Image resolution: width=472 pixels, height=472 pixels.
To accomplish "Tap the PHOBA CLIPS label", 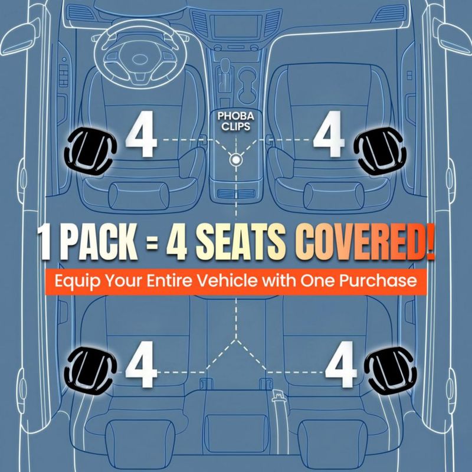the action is (235, 122).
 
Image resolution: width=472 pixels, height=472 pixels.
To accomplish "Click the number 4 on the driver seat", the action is (142, 134).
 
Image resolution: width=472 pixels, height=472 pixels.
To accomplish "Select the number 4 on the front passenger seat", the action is (329, 134).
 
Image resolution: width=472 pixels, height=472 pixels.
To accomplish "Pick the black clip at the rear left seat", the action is (90, 371).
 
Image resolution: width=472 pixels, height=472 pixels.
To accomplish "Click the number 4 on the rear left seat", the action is (142, 364).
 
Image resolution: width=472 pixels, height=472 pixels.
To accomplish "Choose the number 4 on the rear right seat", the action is (341, 364).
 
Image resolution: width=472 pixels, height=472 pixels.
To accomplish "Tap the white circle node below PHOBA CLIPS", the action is (235, 159).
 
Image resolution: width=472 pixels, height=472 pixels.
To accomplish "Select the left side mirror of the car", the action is (21, 38).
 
